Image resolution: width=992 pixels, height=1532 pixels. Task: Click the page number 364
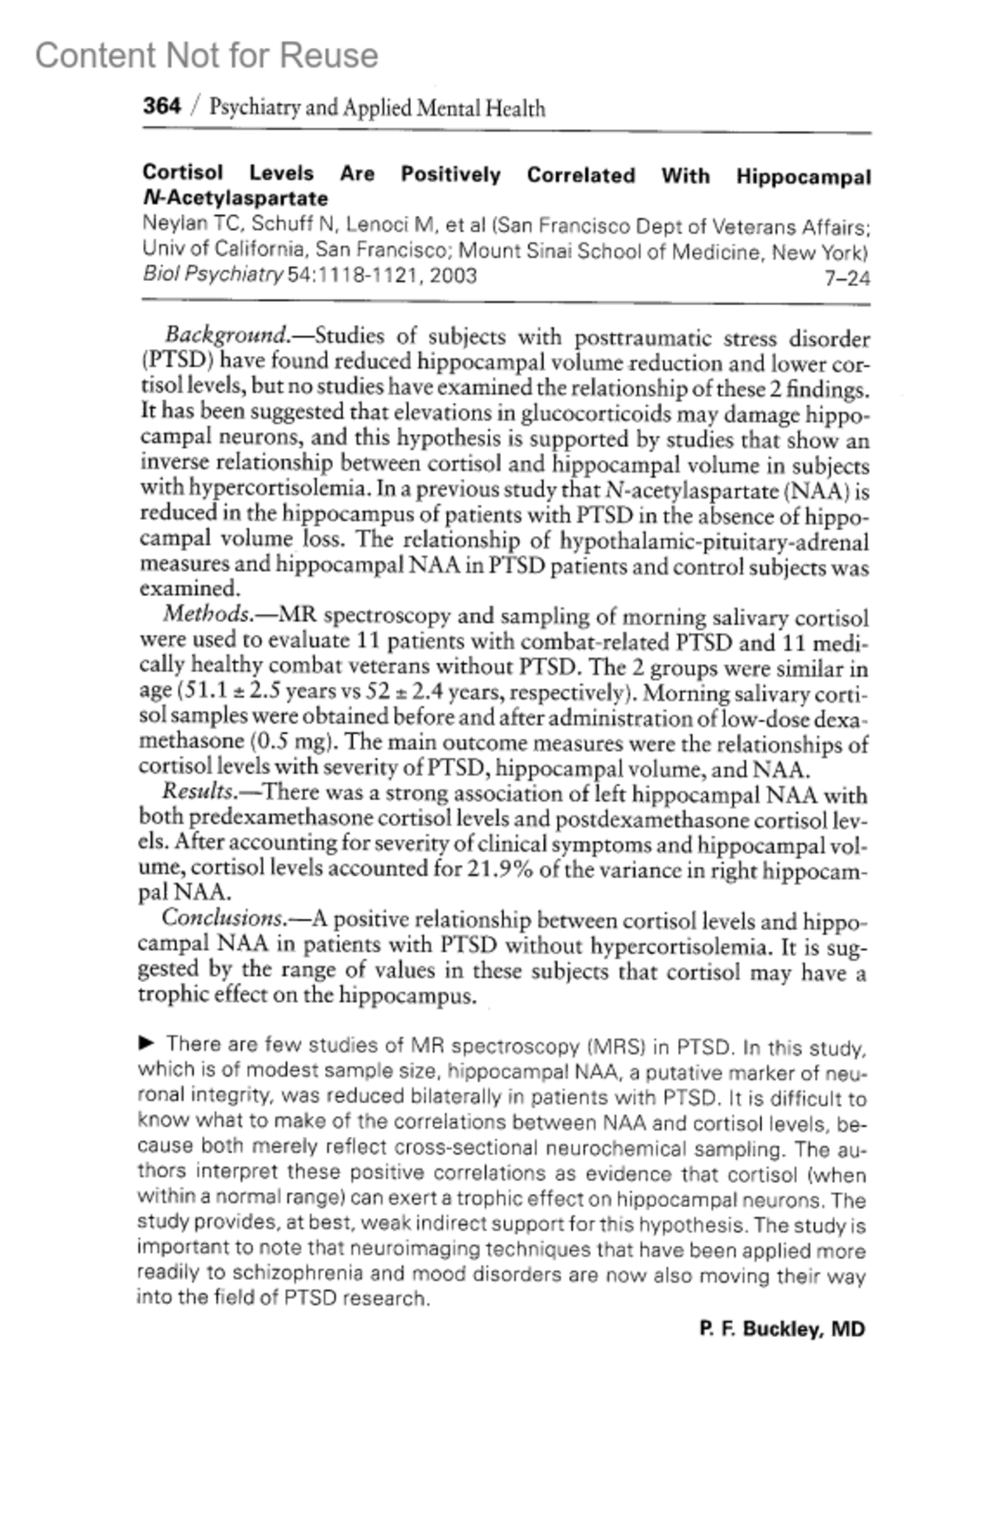tap(161, 107)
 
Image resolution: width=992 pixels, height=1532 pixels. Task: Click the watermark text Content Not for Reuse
tap(207, 55)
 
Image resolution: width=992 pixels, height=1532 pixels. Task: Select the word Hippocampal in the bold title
tap(804, 177)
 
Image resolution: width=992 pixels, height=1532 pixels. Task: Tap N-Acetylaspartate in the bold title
tap(235, 198)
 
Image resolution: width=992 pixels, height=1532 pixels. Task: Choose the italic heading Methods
tap(207, 614)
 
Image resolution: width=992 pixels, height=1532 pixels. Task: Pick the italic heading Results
tap(198, 792)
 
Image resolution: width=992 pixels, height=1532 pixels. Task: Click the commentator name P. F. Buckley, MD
tap(782, 1329)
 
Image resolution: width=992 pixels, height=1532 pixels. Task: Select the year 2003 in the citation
tap(453, 275)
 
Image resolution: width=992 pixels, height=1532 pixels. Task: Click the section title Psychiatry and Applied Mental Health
tap(377, 108)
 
